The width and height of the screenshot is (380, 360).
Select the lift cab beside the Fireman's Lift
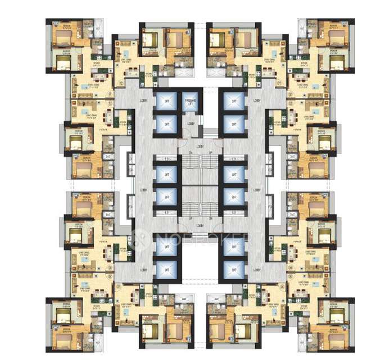[x=166, y=101]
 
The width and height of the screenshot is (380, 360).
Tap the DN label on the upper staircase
[x=191, y=152]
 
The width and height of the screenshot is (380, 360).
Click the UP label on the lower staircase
[x=191, y=218]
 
